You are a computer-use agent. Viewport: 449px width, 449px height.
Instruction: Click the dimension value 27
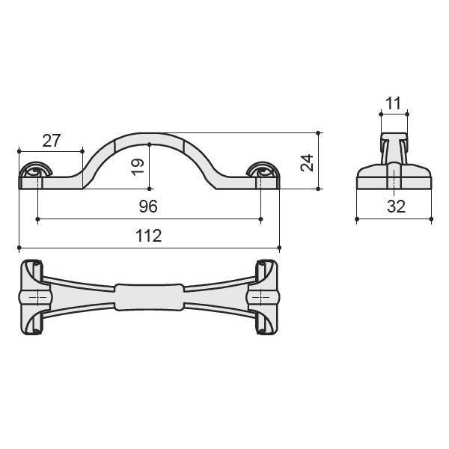pyautogui.click(x=52, y=141)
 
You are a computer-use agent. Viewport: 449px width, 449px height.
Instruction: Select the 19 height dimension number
pyautogui.click(x=138, y=167)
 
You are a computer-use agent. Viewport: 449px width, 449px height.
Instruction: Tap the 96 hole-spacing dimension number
pyautogui.click(x=148, y=207)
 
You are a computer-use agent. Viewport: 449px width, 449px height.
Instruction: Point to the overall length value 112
pyautogui.click(x=149, y=236)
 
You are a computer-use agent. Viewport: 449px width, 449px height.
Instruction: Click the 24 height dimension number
pyautogui.click(x=308, y=163)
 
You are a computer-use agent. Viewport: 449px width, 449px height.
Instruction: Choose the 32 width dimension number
pyautogui.click(x=397, y=207)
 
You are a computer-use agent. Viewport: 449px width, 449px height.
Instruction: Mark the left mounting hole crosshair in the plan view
pyautogui.click(x=38, y=297)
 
